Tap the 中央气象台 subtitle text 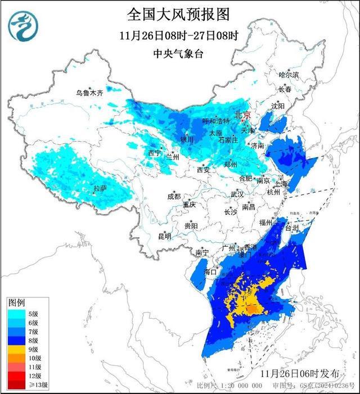click(179, 54)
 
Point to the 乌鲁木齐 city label click(90, 93)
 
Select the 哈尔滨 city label click(289, 75)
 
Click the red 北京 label click(242, 114)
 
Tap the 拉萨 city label click(100, 188)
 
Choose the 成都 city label click(174, 197)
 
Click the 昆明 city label click(164, 236)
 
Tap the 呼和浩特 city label click(215, 121)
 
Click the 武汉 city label click(237, 194)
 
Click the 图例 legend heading click(17, 302)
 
